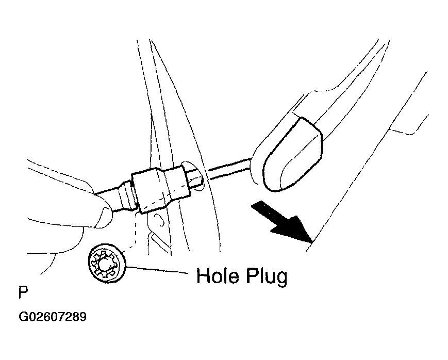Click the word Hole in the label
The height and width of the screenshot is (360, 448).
click(218, 276)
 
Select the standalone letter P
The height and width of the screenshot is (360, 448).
click(23, 292)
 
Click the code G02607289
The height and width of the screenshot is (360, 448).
click(53, 317)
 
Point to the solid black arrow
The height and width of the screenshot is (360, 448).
click(281, 222)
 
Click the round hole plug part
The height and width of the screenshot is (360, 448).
click(107, 263)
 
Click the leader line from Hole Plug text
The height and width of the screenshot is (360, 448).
click(157, 270)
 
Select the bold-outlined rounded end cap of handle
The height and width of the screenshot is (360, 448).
click(293, 154)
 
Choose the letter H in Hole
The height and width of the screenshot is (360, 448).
click(202, 276)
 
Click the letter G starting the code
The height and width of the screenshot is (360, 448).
click(23, 317)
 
